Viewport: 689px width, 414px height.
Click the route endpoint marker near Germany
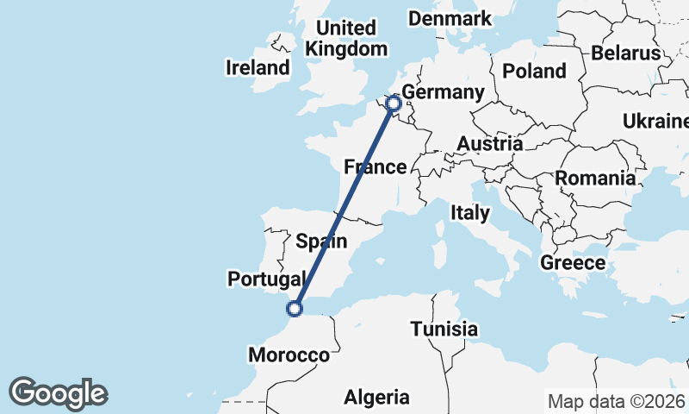(x=394, y=104)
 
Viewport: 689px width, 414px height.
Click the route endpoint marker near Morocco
(x=295, y=308)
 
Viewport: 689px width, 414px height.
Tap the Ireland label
(x=258, y=67)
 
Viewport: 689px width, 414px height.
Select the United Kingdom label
(x=346, y=39)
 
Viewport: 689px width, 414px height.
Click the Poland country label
(x=534, y=71)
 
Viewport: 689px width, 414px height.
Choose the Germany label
(x=444, y=92)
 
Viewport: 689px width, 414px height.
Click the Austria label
(x=489, y=143)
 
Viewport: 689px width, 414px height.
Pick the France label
(x=375, y=166)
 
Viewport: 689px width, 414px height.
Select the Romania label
(x=595, y=179)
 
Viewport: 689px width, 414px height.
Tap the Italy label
(x=470, y=211)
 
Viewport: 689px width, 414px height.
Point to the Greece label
(x=573, y=262)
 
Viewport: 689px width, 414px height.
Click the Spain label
(x=321, y=241)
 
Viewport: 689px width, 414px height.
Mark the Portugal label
(x=267, y=279)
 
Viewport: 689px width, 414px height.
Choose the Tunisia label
(x=444, y=329)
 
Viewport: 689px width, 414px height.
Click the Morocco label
(x=289, y=354)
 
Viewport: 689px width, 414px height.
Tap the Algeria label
(x=376, y=397)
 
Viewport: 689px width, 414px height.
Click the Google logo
(x=58, y=393)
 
